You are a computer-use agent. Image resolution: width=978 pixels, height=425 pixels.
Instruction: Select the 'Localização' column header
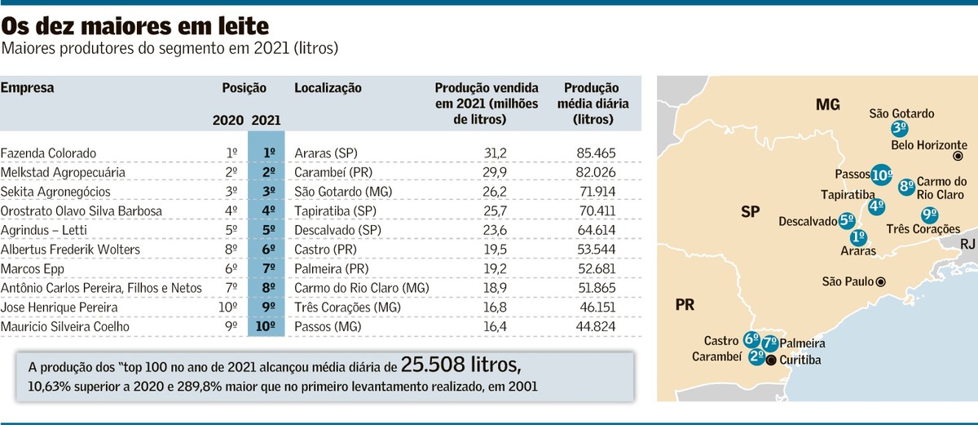(x=328, y=88)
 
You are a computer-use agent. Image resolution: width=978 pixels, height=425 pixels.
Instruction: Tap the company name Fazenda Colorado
(x=49, y=153)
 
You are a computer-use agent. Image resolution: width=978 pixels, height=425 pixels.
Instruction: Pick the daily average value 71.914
(x=595, y=192)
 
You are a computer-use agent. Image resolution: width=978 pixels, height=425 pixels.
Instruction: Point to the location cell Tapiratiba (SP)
(x=330, y=211)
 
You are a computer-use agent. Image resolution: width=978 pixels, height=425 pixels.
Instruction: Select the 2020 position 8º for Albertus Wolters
(x=231, y=250)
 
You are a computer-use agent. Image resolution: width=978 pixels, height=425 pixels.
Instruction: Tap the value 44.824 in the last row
(x=595, y=327)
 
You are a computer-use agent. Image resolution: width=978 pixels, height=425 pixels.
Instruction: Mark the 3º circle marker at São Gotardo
(x=900, y=128)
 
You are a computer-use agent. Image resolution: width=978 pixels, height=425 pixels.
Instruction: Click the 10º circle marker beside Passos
(x=880, y=174)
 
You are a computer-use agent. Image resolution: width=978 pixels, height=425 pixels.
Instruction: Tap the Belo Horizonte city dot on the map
(x=958, y=156)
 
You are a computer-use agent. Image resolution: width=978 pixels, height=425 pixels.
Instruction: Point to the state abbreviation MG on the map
(x=827, y=104)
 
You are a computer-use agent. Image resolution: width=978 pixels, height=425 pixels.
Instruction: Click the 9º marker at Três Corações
(x=928, y=215)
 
